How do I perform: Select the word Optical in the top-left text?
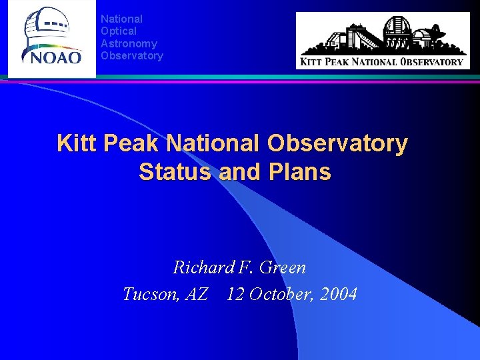coord(118,31)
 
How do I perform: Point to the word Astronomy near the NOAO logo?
coord(129,43)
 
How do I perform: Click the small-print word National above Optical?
coord(121,19)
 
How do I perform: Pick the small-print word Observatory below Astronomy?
coord(131,55)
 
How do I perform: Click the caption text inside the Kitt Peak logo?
coord(382,62)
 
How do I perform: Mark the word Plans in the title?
coord(299,172)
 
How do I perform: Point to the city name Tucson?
coord(148,294)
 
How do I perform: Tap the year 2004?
coord(338,294)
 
